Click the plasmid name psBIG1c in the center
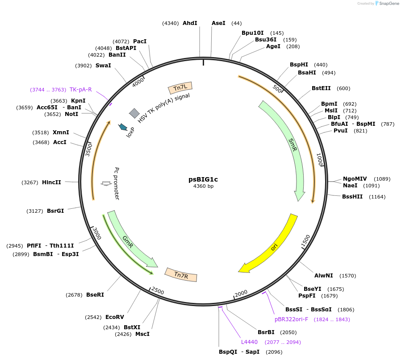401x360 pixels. click(203, 179)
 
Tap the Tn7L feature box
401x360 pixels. click(180, 88)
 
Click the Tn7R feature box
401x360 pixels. click(181, 275)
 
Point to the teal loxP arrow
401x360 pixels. click(122, 127)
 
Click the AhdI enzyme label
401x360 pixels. click(190, 23)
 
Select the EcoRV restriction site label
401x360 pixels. click(115, 317)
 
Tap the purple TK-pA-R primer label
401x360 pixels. click(80, 90)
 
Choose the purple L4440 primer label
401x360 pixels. click(249, 342)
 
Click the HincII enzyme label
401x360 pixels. click(51, 182)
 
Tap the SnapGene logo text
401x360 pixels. click(388, 4)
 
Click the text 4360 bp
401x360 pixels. click(203, 186)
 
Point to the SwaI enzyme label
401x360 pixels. click(103, 66)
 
